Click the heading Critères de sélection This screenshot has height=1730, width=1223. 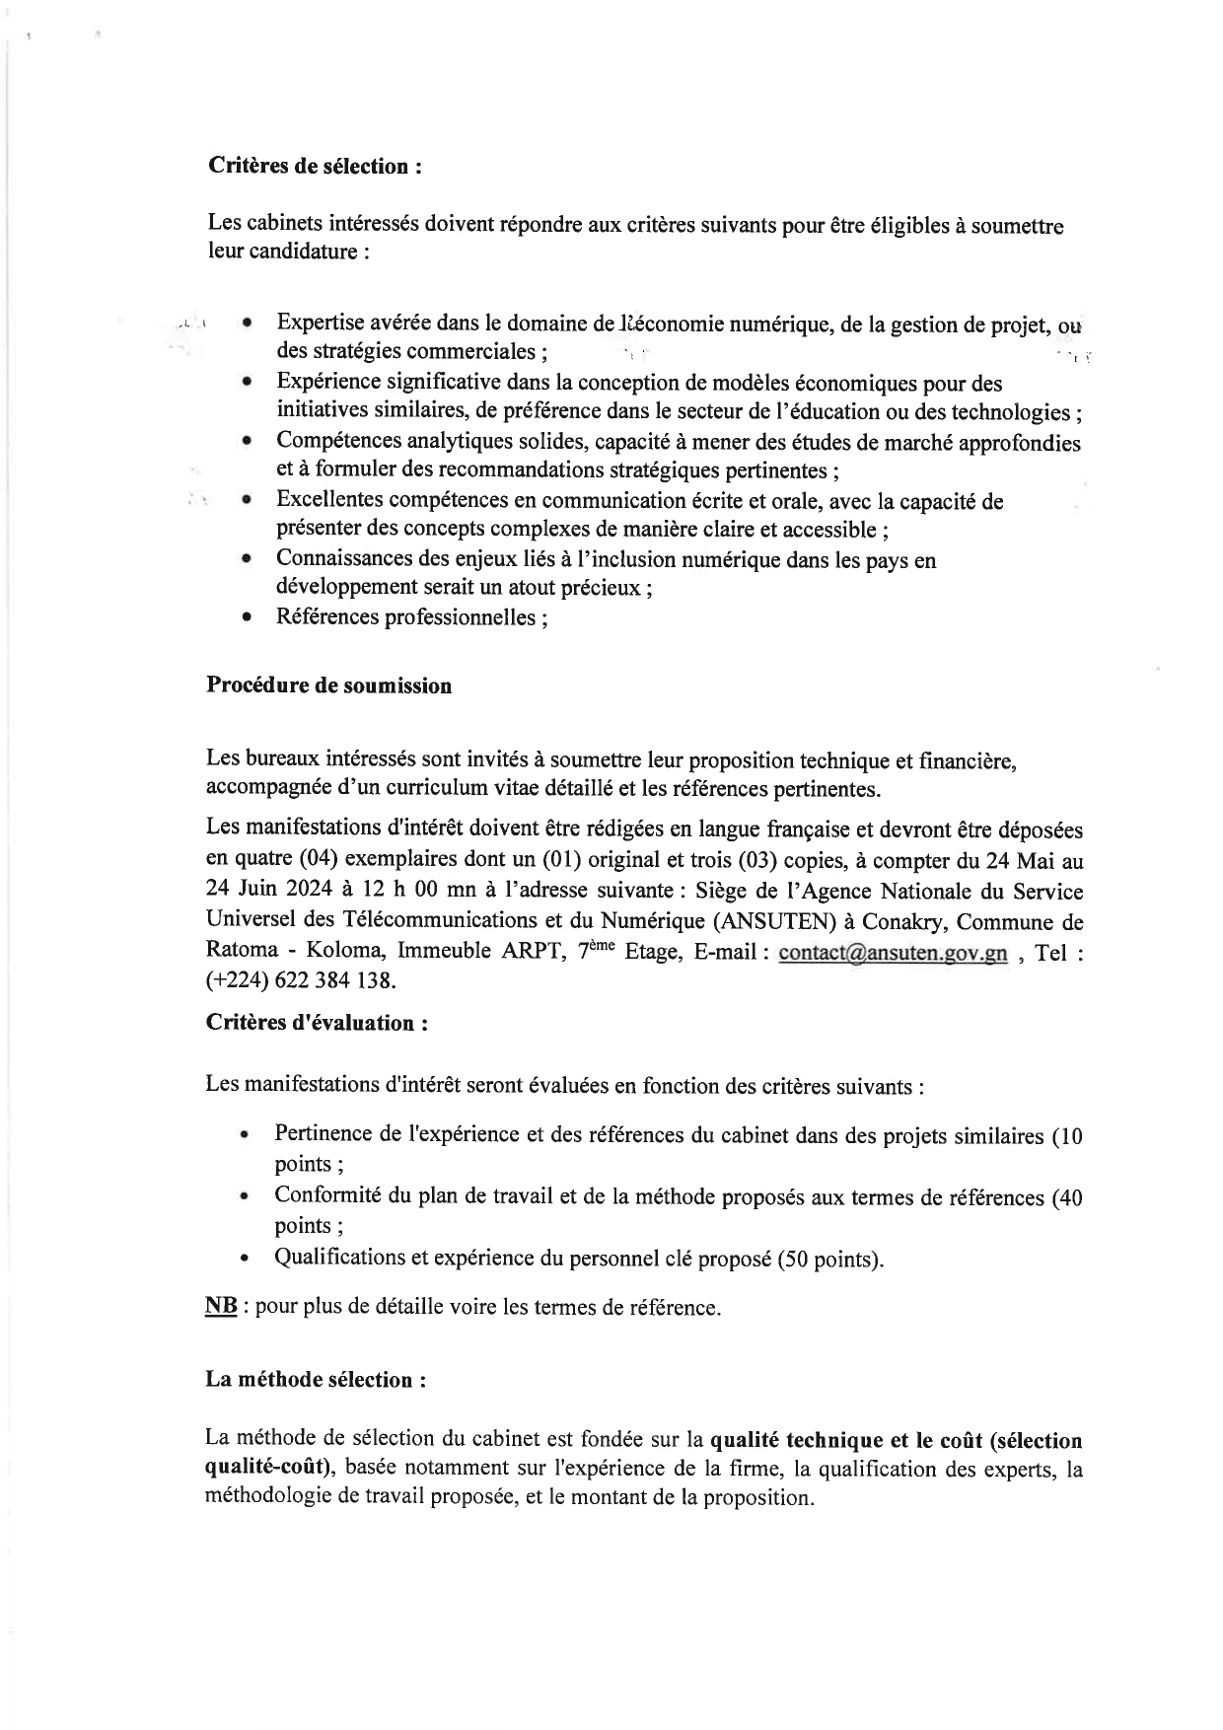tap(315, 166)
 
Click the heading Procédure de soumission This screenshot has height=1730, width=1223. tap(328, 686)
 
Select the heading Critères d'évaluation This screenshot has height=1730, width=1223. tap(317, 1023)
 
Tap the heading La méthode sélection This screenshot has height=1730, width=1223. tap(316, 1380)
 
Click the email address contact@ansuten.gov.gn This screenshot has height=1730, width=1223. tap(893, 954)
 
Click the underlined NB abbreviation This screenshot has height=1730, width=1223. tap(220, 1307)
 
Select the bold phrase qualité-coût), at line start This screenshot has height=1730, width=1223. tap(271, 1470)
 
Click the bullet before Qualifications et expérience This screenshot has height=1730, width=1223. tap(245, 1260)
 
